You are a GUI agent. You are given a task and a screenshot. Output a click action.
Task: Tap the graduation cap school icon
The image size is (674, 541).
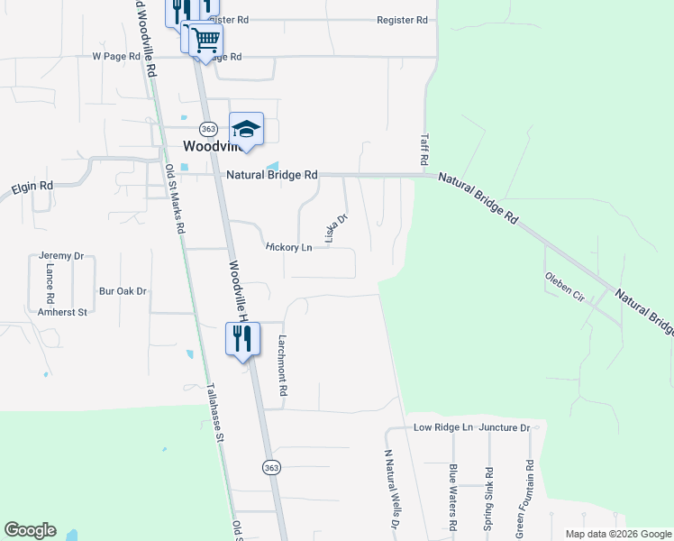point(246,129)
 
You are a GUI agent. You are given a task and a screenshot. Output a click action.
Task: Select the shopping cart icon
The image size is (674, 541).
point(206,39)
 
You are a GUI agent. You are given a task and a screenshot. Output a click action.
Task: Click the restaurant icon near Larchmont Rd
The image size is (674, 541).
point(242,338)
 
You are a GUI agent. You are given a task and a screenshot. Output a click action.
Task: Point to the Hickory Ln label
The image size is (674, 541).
point(288,247)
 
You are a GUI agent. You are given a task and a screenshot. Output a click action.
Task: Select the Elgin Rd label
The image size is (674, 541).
point(32,187)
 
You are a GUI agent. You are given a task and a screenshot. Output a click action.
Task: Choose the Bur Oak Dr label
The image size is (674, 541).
point(123,291)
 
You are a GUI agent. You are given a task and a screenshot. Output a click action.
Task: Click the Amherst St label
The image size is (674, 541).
point(62,311)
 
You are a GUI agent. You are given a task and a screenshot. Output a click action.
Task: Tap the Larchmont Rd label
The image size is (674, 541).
point(282,367)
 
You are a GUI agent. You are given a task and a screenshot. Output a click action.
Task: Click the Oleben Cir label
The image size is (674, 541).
point(565,286)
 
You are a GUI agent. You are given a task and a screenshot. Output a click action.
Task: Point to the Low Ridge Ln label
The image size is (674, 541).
point(442,426)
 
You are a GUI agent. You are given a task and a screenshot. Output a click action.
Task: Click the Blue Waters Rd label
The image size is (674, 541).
point(453,497)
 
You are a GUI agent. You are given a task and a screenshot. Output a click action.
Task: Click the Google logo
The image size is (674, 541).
point(30,530)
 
